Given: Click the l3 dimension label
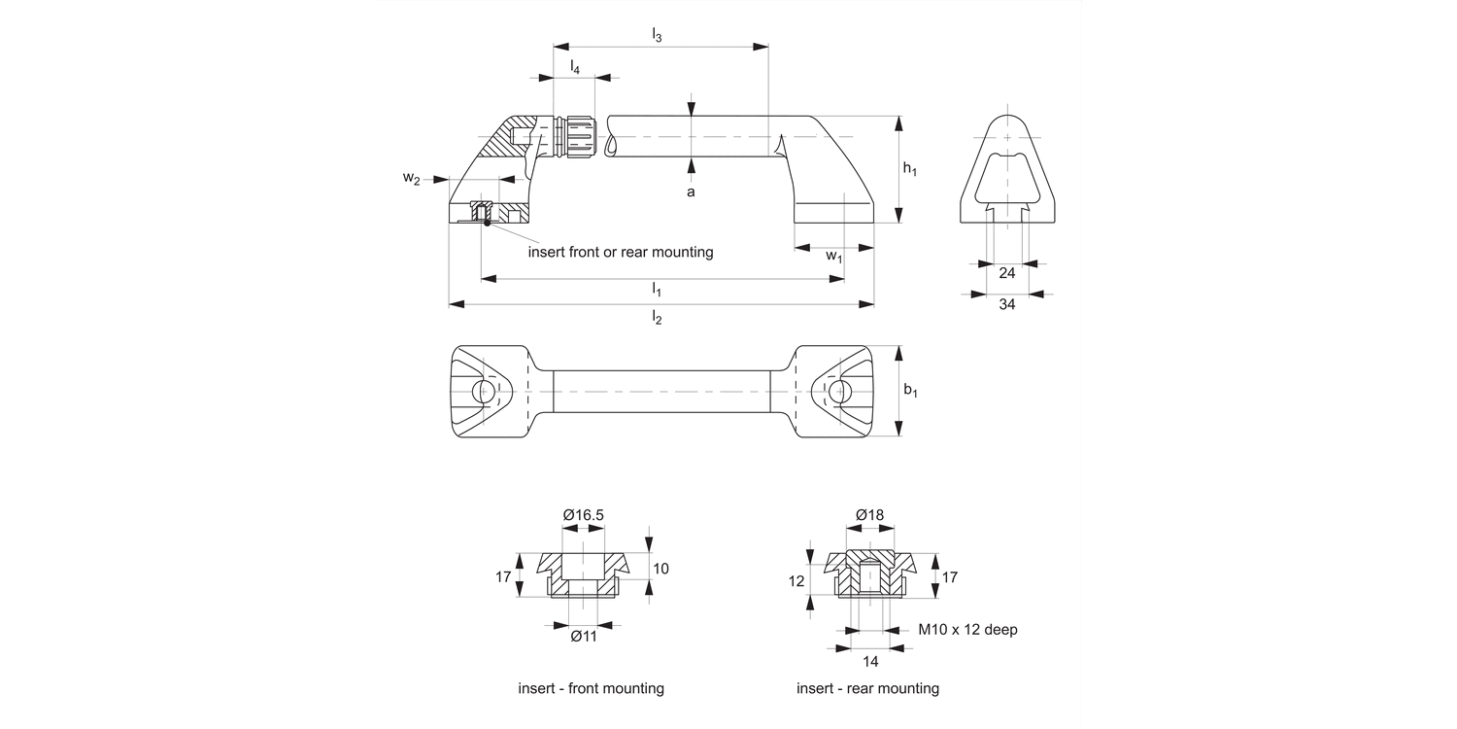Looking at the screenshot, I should coord(658,36).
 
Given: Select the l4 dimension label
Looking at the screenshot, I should coord(575,67).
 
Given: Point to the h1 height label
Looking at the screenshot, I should coord(909,169).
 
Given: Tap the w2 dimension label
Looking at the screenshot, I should coord(412,179).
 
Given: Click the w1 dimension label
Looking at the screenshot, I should coord(833,256).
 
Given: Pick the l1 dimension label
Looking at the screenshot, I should coord(658,290).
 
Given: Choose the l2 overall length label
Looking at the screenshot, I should coord(658,318).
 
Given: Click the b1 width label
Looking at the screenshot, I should coord(910,391).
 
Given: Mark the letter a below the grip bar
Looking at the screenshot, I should coord(691,192).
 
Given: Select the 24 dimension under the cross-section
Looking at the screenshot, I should coord(1007,273).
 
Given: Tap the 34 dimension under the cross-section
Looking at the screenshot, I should coord(1007,305).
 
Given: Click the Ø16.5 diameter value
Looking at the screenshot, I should coord(583,514).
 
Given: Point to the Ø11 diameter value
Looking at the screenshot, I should coord(583,636).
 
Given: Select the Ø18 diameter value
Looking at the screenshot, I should coord(869,514).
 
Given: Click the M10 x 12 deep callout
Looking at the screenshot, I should coord(967,630).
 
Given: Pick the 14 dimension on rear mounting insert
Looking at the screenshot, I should coord(869,661).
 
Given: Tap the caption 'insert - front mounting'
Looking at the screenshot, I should coord(591,688).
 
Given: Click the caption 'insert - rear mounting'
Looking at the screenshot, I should coord(867,688).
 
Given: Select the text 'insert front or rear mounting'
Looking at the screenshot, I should coord(621,252).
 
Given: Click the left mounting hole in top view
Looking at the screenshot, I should coord(483,392).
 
